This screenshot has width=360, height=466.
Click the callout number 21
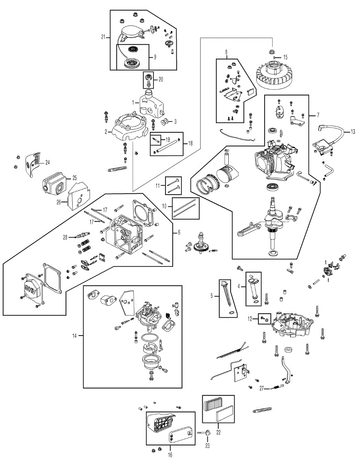[x=103, y=37]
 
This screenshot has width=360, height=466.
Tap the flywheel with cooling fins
[x=273, y=75]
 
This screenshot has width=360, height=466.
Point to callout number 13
[x=353, y=132]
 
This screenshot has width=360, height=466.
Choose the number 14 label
[x=74, y=336]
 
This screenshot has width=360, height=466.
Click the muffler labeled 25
[x=54, y=184]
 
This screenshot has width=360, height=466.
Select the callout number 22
[x=218, y=432]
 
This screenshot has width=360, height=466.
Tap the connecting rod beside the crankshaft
[x=250, y=229]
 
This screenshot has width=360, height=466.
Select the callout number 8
[x=226, y=52]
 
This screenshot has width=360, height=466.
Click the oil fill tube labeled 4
[x=253, y=290]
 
